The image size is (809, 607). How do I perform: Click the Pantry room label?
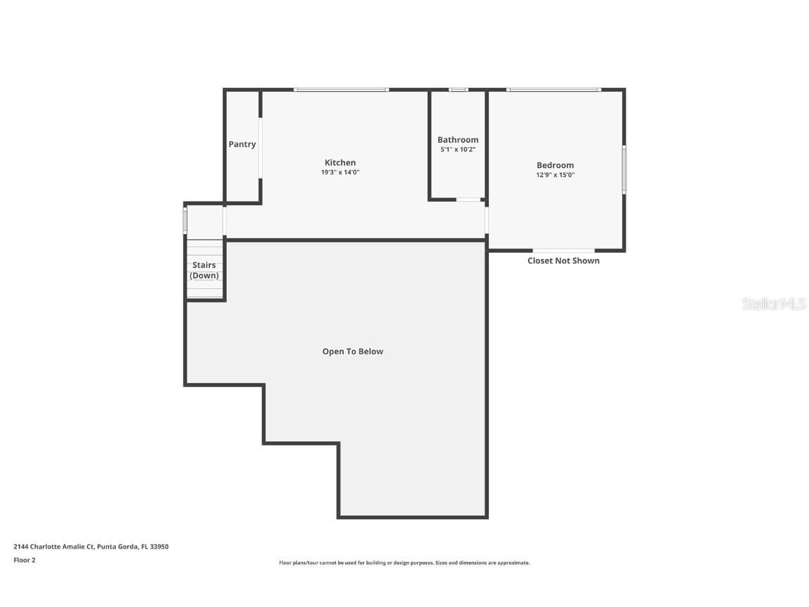[242, 144]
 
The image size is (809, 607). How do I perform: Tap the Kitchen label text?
[340, 162]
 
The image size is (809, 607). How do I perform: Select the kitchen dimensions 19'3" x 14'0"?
[340, 172]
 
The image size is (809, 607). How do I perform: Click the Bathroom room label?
[458, 140]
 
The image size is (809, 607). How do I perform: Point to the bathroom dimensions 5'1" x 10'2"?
[458, 150]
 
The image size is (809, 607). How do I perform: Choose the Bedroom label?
[555, 165]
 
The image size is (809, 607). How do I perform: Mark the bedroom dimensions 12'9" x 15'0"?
[555, 175]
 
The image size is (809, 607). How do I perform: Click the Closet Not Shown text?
[563, 261]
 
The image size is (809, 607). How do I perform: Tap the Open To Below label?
[353, 351]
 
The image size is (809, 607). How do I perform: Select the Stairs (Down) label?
[204, 270]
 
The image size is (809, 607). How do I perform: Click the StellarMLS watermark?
[774, 304]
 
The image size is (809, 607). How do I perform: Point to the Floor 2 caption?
[25, 560]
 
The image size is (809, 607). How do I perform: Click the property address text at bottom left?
[91, 547]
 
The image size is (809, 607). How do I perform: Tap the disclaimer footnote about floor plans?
[404, 563]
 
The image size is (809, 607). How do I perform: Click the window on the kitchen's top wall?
[341, 89]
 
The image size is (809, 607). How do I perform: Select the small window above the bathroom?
[458, 89]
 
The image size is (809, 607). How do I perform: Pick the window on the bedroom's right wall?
[624, 169]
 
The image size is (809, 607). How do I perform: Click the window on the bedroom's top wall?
[553, 89]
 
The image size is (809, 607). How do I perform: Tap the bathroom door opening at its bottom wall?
[468, 200]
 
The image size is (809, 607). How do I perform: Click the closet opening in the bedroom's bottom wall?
[563, 250]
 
